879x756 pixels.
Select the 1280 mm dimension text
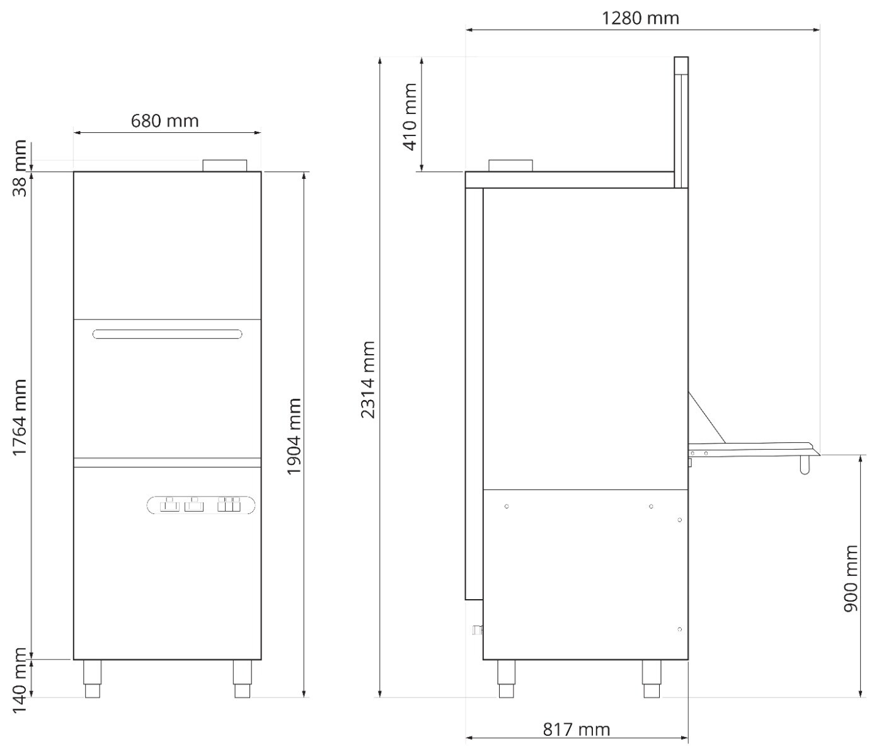tap(640, 18)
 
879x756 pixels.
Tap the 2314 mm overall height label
tap(368, 379)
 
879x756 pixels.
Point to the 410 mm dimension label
tap(410, 116)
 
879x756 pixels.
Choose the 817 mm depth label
tap(576, 730)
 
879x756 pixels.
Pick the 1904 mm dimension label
tap(294, 437)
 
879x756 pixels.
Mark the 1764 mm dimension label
tap(20, 418)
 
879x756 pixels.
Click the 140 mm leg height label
tap(20, 680)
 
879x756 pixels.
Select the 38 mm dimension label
tap(20, 168)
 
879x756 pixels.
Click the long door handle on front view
tap(167, 334)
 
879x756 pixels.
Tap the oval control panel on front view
tap(201, 505)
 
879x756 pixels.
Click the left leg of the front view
tap(93, 679)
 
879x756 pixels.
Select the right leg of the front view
tap(242, 679)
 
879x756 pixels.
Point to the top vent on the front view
tap(225, 165)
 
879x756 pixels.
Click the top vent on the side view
tap(511, 165)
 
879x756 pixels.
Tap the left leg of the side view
tap(506, 679)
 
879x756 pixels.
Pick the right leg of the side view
tap(651, 679)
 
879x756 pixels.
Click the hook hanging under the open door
tap(804, 464)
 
